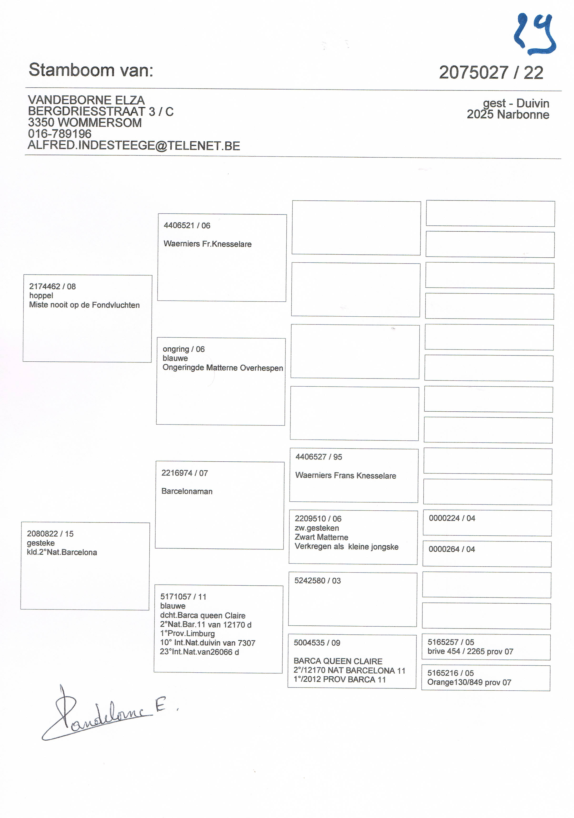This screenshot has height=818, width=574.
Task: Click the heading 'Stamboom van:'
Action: tap(91, 70)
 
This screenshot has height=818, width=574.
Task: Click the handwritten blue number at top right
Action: tap(534, 35)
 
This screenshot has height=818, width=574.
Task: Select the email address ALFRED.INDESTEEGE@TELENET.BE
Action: tap(134, 146)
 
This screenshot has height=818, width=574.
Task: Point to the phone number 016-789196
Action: tap(60, 134)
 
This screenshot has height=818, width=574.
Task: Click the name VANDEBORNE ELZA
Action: tap(86, 100)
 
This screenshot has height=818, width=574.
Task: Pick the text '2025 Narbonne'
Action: tap(508, 115)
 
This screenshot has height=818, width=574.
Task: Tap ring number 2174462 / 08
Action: tap(52, 286)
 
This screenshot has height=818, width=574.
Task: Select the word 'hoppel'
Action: tap(41, 296)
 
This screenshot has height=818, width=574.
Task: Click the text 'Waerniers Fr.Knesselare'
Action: tap(208, 244)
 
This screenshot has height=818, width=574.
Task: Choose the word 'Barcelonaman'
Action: tap(187, 491)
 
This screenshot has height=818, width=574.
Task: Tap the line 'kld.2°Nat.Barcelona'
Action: tap(62, 553)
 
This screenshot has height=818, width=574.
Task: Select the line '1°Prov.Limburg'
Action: tap(187, 634)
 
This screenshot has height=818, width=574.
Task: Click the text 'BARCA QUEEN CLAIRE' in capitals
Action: tap(338, 661)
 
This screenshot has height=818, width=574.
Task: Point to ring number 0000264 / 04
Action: tap(452, 549)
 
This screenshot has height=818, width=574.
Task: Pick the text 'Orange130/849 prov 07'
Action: tap(469, 683)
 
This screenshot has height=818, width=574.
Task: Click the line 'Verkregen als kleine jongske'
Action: tap(346, 547)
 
